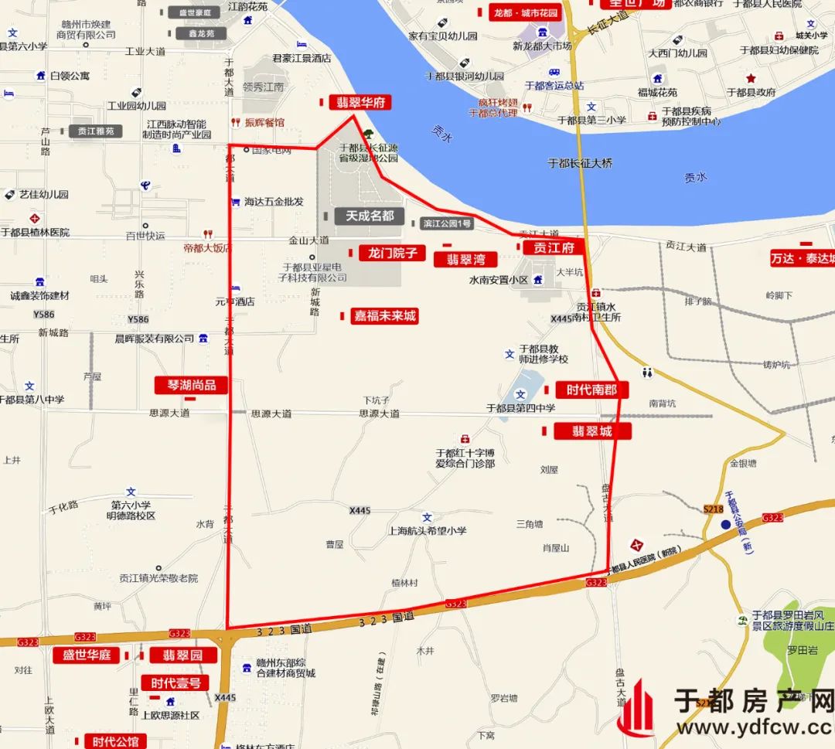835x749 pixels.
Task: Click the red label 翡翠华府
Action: [360, 103]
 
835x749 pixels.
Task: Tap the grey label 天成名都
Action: [370, 216]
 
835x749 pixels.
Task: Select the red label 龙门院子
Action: [392, 253]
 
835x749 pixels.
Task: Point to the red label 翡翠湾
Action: [465, 259]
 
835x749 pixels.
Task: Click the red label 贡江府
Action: [553, 247]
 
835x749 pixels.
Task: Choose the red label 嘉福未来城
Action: [384, 315]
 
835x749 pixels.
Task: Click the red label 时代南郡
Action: [591, 390]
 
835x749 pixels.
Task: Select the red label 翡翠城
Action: [592, 431]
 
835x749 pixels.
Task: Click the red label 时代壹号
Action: [176, 683]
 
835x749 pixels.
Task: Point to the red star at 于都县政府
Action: [750, 78]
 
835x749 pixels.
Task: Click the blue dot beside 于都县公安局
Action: [725, 525]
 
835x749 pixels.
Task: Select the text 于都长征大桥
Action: [580, 163]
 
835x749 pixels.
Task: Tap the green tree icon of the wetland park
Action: [368, 134]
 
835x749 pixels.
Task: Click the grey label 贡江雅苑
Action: [96, 131]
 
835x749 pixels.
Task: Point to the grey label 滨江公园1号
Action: [447, 224]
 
